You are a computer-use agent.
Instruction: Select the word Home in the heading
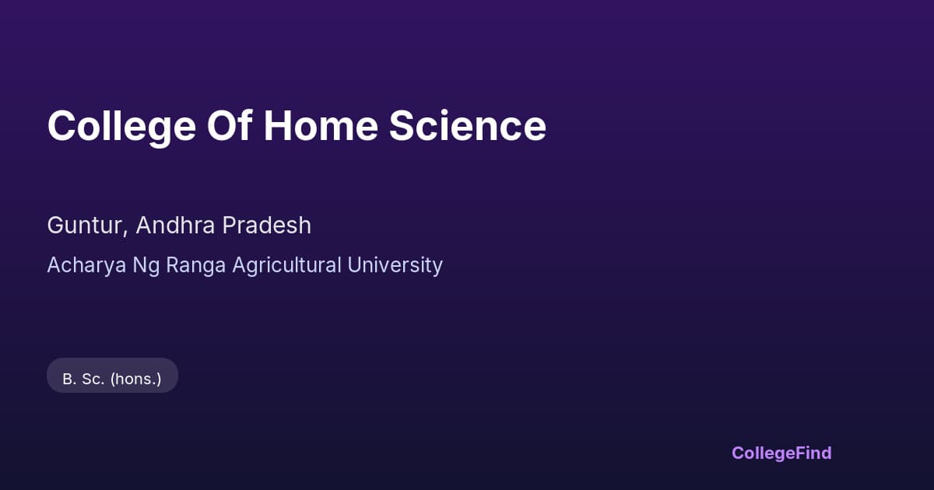pyautogui.click(x=320, y=126)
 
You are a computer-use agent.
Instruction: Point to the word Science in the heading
pyautogui.click(x=468, y=126)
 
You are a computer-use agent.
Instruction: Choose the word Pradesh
pyautogui.click(x=267, y=226)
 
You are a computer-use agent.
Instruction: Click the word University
pyautogui.click(x=395, y=265)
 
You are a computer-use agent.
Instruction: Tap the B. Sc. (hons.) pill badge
pyautogui.click(x=112, y=376)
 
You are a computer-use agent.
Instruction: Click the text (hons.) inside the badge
pyautogui.click(x=135, y=380)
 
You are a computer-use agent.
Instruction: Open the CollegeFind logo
pyautogui.click(x=781, y=453)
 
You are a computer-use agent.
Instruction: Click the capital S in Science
pyautogui.click(x=402, y=126)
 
